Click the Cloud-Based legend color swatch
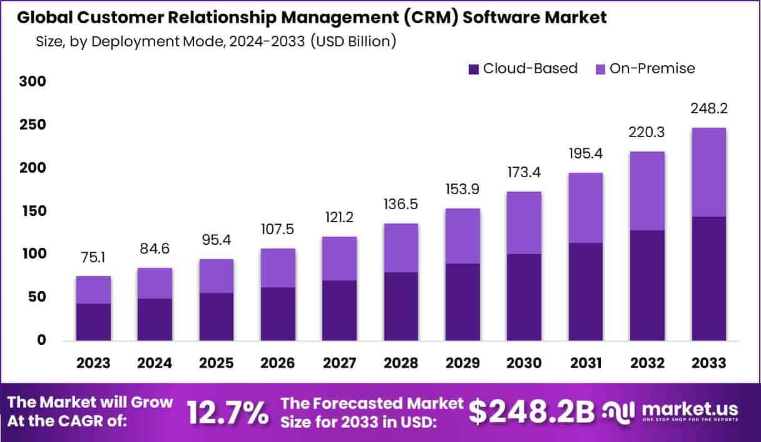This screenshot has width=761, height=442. (x=474, y=68)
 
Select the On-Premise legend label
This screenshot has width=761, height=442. (x=652, y=68)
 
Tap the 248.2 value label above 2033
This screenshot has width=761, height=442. (x=708, y=109)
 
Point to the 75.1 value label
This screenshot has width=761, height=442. (x=94, y=257)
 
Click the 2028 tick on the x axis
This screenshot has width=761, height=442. (x=401, y=363)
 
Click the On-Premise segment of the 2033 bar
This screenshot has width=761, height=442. (x=708, y=172)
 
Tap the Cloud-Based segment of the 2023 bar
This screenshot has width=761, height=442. (x=94, y=322)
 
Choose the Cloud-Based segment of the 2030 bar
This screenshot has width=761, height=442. (x=524, y=297)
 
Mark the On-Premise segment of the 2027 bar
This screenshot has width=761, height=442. (x=339, y=259)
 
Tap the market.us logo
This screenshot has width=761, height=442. (x=670, y=411)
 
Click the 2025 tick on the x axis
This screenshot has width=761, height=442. (x=217, y=363)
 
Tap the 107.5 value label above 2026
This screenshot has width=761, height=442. (x=278, y=230)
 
